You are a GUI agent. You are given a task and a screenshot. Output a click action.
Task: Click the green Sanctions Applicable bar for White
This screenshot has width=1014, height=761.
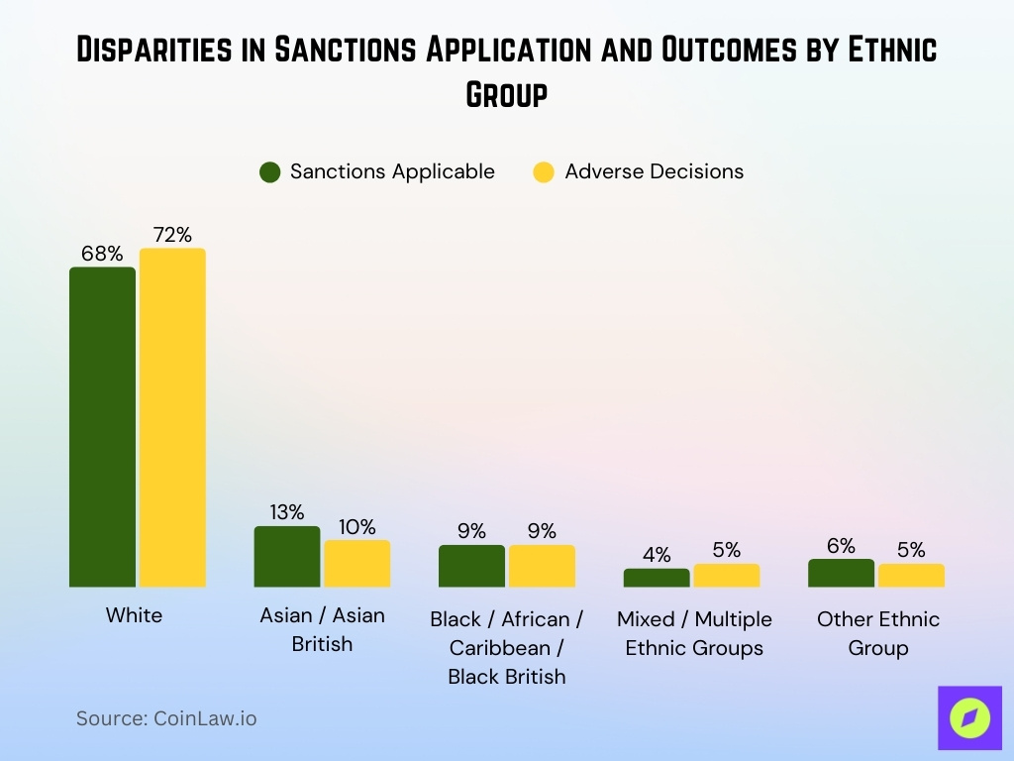(102, 426)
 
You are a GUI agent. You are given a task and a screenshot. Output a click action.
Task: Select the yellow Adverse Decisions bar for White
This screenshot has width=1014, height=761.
(172, 417)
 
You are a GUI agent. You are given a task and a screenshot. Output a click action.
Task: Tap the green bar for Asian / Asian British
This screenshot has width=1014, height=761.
(287, 557)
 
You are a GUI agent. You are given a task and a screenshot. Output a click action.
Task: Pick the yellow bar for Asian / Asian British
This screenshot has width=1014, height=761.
(357, 564)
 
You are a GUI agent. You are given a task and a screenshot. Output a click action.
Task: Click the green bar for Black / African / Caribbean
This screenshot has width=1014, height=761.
(471, 566)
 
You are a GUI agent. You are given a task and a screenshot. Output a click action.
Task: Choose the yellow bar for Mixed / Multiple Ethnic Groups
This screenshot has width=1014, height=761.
(727, 576)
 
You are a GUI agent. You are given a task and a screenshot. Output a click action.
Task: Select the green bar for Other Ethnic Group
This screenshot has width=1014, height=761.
(841, 573)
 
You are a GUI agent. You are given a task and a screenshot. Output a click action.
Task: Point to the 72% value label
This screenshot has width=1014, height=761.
(172, 235)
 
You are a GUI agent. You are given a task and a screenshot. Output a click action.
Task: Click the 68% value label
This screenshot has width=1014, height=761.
(102, 254)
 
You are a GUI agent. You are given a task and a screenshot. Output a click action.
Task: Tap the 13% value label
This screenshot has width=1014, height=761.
(287, 512)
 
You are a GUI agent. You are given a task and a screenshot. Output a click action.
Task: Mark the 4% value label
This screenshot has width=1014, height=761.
(656, 555)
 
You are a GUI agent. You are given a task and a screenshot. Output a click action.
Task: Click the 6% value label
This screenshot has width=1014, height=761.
(841, 546)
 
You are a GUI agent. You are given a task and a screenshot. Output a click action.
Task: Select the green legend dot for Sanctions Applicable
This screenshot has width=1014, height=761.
(270, 171)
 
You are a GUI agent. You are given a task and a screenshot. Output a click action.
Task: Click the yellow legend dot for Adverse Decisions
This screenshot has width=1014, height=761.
(544, 171)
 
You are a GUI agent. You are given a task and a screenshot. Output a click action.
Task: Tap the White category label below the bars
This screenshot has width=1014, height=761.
(134, 615)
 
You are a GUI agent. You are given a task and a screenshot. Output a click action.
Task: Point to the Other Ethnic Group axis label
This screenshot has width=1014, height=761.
(877, 633)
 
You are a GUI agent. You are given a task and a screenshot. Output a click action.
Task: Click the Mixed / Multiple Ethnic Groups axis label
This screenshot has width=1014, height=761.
(694, 633)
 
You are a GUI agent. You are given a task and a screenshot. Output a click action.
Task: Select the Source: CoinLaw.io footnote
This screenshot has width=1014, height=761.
(166, 718)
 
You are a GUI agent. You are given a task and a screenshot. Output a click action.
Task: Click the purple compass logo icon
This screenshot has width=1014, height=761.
(969, 718)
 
